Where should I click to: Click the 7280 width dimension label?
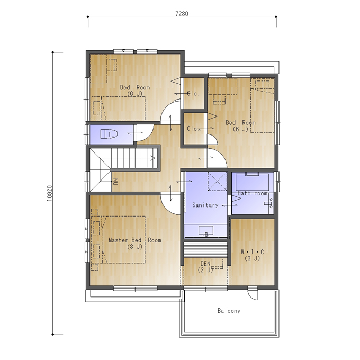pyautogui.click(x=182, y=14)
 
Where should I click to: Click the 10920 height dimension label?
pyautogui.click(x=50, y=193)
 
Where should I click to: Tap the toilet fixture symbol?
pyautogui.click(x=109, y=134)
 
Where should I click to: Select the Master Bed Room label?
pyautogui.click(x=135, y=240)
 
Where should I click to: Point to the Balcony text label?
pyautogui.click(x=229, y=311)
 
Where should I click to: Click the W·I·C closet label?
pyautogui.click(x=253, y=252)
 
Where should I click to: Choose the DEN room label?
pyautogui.click(x=205, y=264)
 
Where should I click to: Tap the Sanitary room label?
pyautogui.click(x=205, y=205)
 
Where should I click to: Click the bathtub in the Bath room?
pyautogui.click(x=252, y=182)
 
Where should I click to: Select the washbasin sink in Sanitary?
pyautogui.click(x=206, y=231)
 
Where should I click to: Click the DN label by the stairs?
pyautogui.click(x=116, y=182)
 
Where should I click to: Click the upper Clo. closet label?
pyautogui.click(x=194, y=94)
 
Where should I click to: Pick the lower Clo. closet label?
pyautogui.click(x=194, y=129)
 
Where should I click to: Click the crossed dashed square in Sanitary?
pyautogui.click(x=217, y=181)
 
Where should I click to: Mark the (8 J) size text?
pyautogui.click(x=135, y=247)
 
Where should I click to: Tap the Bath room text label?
pyautogui.click(x=252, y=193)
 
